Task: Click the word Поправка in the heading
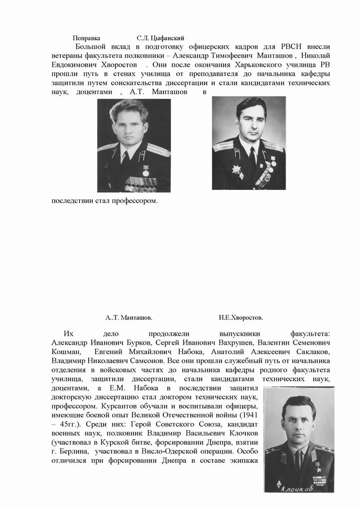tap(86, 38)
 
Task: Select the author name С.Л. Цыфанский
tap(161, 38)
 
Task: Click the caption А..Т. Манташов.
tap(129, 317)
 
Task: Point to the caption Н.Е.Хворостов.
tap(240, 317)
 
